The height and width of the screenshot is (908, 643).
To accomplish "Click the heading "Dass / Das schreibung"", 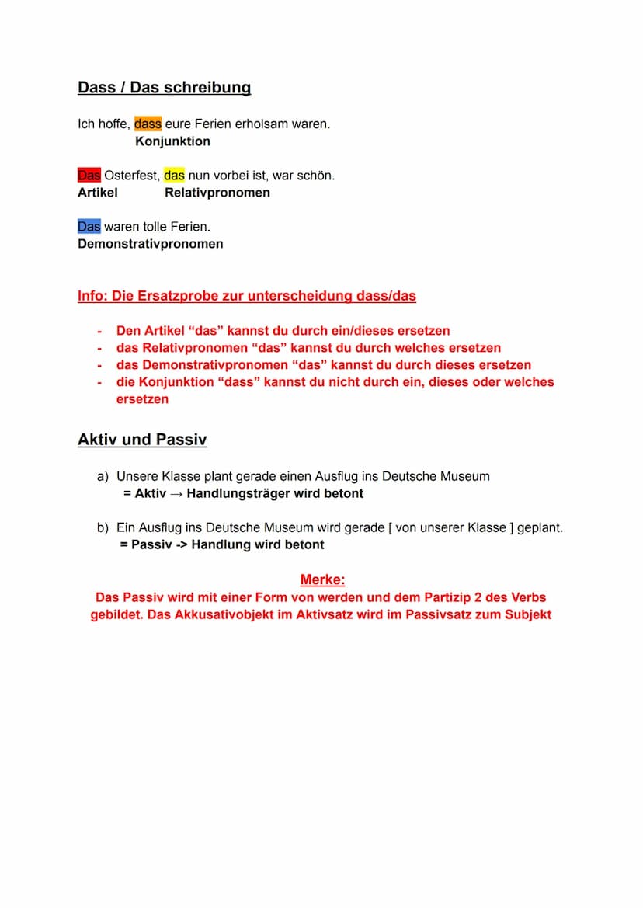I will pyautogui.click(x=164, y=88).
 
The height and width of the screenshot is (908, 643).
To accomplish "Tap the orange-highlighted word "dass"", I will pyautogui.click(x=148, y=124).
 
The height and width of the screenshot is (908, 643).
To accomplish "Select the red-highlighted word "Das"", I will pyautogui.click(x=89, y=176).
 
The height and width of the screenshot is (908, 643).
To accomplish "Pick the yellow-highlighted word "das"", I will pyautogui.click(x=174, y=176).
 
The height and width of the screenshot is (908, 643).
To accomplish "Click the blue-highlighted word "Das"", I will pyautogui.click(x=89, y=227).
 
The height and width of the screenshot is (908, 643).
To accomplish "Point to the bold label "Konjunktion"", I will pyautogui.click(x=172, y=141).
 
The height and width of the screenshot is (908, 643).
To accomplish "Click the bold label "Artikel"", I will pyautogui.click(x=98, y=193).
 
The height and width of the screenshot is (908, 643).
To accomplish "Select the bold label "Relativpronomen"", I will pyautogui.click(x=217, y=193).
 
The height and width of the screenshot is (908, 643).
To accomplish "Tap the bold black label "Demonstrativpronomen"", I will pyautogui.click(x=151, y=244).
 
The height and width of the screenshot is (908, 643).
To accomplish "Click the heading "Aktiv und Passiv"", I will pyautogui.click(x=142, y=440).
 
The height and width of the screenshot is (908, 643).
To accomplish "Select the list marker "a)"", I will pyautogui.click(x=103, y=476).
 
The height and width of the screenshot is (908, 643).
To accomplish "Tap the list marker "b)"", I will pyautogui.click(x=103, y=527).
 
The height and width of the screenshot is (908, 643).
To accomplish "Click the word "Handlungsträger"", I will pyautogui.click(x=238, y=493).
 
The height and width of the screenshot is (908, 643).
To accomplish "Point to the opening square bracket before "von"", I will pyautogui.click(x=389, y=527).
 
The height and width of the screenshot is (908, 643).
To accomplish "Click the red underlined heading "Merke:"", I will pyautogui.click(x=322, y=579).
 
